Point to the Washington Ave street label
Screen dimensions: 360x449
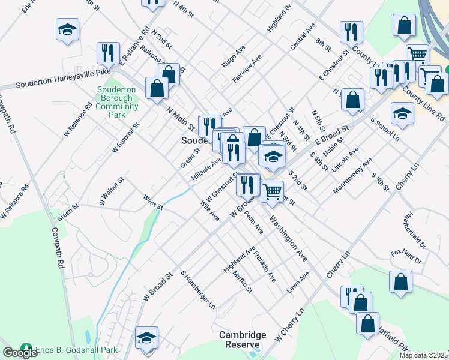pos(288,238)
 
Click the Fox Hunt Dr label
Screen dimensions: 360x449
pos(406,257)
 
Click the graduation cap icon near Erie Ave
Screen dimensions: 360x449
pos(68,29)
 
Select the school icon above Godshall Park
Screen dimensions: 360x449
pos(146,338)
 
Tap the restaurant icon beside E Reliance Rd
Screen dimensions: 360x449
pos(108,53)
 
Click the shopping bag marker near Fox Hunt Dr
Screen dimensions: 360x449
pos(400,282)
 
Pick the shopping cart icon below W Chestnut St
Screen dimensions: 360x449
pos(273,191)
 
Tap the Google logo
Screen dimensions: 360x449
pos(20,353)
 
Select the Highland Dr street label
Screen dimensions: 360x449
pos(279,18)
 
